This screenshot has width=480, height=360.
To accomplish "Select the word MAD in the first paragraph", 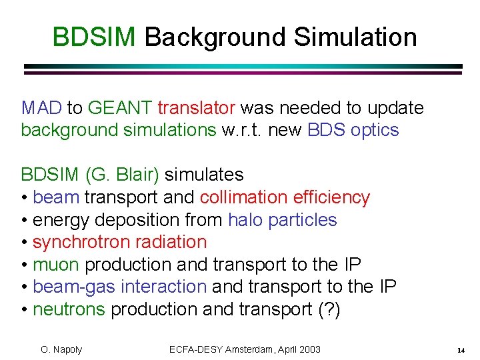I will tap(41, 107).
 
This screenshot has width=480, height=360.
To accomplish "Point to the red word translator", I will tap(196, 107).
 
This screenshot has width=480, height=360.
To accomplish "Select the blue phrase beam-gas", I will tap(68, 287).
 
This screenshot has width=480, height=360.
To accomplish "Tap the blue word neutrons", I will tap(69, 309).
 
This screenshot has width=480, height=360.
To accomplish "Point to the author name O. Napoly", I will tap(61, 349).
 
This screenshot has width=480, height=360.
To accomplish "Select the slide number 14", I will tap(461, 350).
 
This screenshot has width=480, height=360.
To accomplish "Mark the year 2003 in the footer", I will tap(308, 349).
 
